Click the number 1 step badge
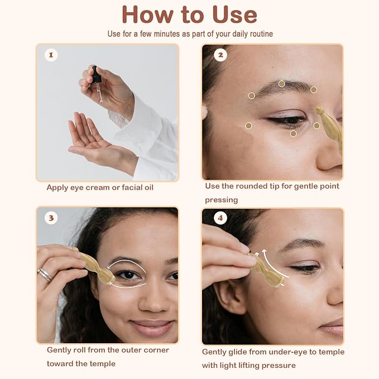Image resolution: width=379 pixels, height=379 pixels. click(51, 55)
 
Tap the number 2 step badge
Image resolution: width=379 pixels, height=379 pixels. click(220, 55)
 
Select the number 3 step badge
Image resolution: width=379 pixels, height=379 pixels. click(51, 218)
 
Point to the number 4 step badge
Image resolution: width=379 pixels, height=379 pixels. click(220, 218)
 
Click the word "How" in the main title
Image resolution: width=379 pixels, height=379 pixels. click(147, 15)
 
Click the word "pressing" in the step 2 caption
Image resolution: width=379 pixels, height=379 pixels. click(222, 200)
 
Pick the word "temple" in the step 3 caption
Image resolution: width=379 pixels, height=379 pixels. click(103, 363)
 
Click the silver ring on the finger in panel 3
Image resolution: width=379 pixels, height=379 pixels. click(45, 274)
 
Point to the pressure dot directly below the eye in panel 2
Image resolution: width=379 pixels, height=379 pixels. click(293, 133)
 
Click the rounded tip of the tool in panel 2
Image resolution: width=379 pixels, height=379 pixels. click(319, 111)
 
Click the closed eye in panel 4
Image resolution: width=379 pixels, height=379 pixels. click(306, 268)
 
